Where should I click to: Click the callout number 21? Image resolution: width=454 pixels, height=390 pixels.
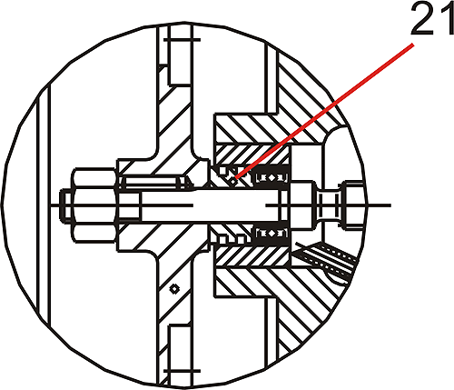point(432,18)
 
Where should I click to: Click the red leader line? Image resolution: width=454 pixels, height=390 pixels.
point(324,111)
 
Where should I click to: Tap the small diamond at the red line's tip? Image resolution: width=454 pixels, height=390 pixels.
point(232,182)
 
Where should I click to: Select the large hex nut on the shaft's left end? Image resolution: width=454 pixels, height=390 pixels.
point(94,205)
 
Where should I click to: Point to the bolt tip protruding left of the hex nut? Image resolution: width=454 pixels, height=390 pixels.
point(66,205)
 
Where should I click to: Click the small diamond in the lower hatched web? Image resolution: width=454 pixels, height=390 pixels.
point(174,289)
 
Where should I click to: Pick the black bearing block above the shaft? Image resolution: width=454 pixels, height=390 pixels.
point(271,177)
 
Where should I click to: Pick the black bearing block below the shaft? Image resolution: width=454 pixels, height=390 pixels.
point(271,234)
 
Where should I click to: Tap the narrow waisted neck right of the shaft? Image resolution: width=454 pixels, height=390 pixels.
point(328,205)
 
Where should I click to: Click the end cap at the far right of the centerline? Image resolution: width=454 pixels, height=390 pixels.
point(352,205)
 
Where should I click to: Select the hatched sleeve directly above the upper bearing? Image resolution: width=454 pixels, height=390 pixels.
point(252,155)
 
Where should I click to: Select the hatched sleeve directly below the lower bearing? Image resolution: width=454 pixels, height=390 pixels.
point(252,256)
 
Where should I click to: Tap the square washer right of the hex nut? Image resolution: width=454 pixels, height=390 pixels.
point(129,205)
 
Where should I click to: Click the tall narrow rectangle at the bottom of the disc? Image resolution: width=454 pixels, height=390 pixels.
point(180,355)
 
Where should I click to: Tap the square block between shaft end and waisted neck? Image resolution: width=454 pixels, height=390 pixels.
point(301,205)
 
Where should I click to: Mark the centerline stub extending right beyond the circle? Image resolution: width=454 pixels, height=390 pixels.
point(379,205)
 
